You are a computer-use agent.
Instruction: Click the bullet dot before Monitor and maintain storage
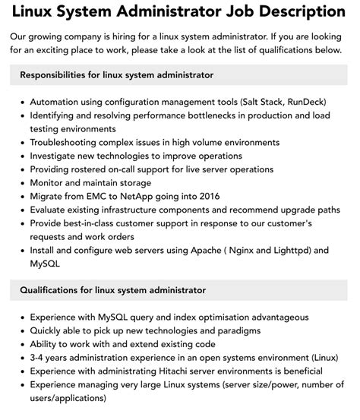click(x=23, y=183)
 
